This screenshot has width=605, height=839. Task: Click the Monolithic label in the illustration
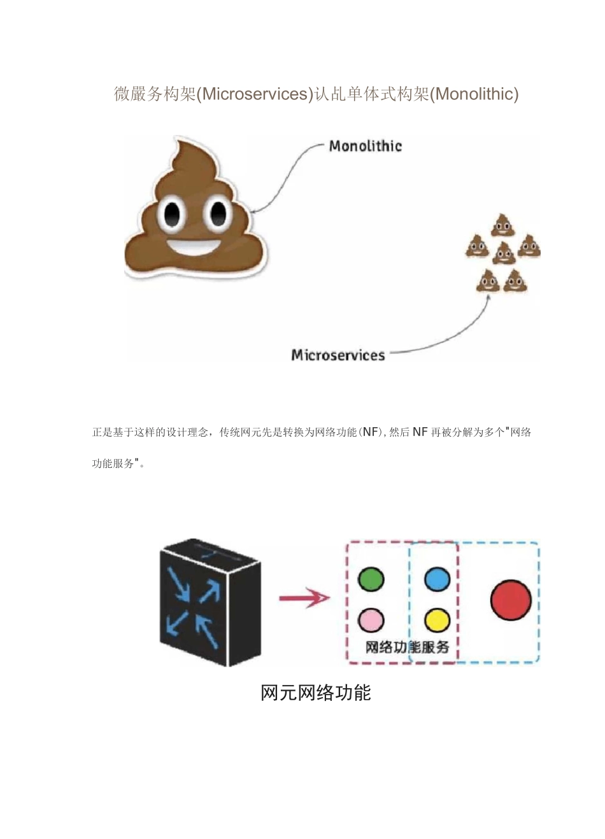tap(365, 146)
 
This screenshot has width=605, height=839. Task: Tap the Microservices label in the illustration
tap(338, 355)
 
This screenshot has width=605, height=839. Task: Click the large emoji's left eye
tap(173, 215)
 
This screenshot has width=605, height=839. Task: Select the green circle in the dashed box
tap(371, 579)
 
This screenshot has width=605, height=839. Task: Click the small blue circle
tap(437, 579)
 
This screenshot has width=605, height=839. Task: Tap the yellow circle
tap(437, 619)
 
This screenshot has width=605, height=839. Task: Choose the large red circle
tap(511, 600)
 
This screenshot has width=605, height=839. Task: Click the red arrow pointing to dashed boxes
tap(304, 598)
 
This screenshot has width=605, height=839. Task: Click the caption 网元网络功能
tap(316, 693)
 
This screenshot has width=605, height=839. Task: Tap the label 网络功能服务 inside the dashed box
tap(408, 647)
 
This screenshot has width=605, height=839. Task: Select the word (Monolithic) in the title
tap(474, 94)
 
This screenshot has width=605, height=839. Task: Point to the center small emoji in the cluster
tap(504, 253)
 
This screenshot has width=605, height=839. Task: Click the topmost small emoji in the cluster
tap(502, 225)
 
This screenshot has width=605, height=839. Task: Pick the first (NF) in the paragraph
tap(370, 432)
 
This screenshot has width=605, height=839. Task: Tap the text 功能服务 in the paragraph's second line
tap(113, 463)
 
